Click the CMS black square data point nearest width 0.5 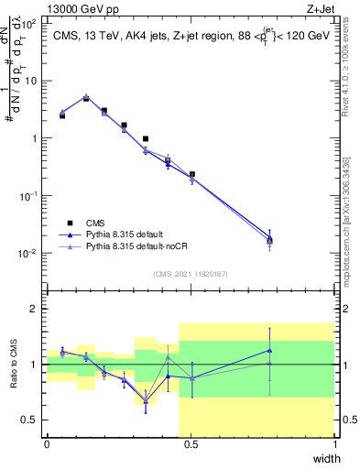pos(191,174)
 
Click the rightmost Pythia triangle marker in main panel pos(269,237)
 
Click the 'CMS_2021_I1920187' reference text pos(190,273)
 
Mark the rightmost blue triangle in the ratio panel pos(269,350)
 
